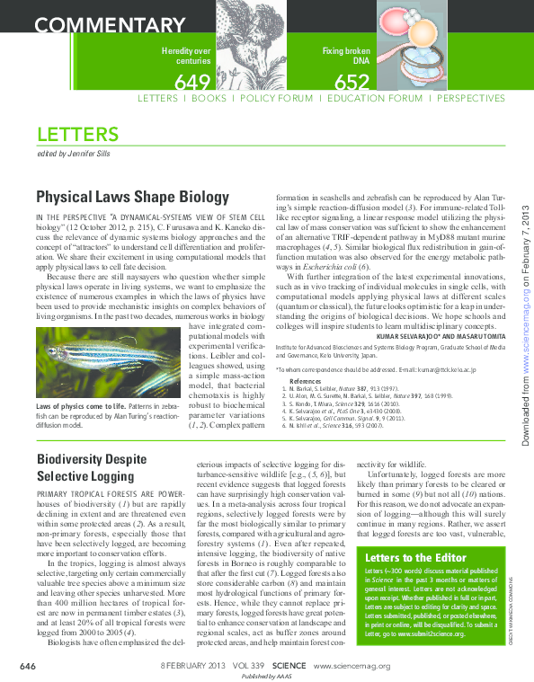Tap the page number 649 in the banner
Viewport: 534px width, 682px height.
(191, 83)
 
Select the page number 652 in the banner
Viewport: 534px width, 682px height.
(352, 83)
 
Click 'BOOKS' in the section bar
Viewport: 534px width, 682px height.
(209, 98)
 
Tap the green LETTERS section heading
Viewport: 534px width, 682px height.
(77, 135)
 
